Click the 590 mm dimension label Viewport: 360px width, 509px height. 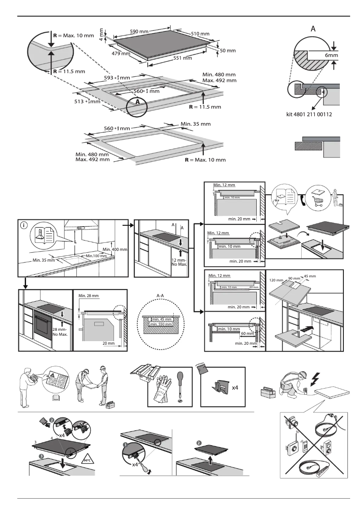139,31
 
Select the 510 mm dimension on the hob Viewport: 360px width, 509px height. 200,34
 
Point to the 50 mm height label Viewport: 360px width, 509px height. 228,51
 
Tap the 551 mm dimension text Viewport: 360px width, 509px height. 183,58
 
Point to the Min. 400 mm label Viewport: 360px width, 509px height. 115,249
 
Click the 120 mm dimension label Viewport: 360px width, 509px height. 277,280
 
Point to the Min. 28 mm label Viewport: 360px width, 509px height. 88,296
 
